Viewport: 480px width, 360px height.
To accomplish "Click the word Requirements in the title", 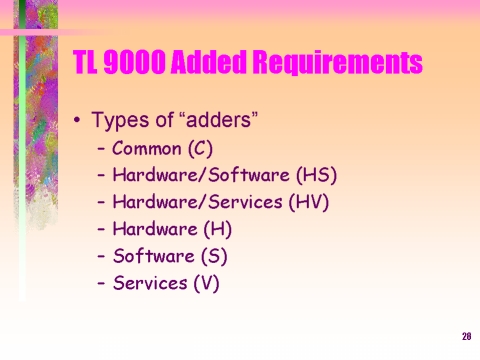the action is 337,62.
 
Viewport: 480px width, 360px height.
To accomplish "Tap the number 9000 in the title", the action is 135,62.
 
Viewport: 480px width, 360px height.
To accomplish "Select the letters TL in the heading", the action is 85,62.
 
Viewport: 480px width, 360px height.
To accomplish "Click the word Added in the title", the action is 209,62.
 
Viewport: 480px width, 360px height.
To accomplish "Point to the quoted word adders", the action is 218,119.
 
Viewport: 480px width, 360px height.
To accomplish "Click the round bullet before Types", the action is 77,120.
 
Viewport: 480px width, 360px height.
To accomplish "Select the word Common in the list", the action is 146,148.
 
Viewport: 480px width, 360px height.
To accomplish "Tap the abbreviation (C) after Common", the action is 200,148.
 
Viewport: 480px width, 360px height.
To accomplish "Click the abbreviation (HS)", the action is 317,175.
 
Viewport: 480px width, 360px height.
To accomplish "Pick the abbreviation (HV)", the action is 309,202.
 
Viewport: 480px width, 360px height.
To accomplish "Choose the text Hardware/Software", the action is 201,175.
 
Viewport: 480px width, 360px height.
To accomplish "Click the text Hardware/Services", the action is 197,202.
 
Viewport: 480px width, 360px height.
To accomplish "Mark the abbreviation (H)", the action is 217,229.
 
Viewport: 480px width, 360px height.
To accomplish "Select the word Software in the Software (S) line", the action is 154,256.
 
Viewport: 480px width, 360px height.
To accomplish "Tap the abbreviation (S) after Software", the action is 214,256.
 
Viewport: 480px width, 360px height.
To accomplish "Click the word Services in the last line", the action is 150,283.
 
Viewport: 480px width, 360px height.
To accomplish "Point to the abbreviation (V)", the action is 207,283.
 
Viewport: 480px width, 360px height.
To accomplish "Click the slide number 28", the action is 467,336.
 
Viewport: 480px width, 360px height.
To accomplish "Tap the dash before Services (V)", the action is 101,283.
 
